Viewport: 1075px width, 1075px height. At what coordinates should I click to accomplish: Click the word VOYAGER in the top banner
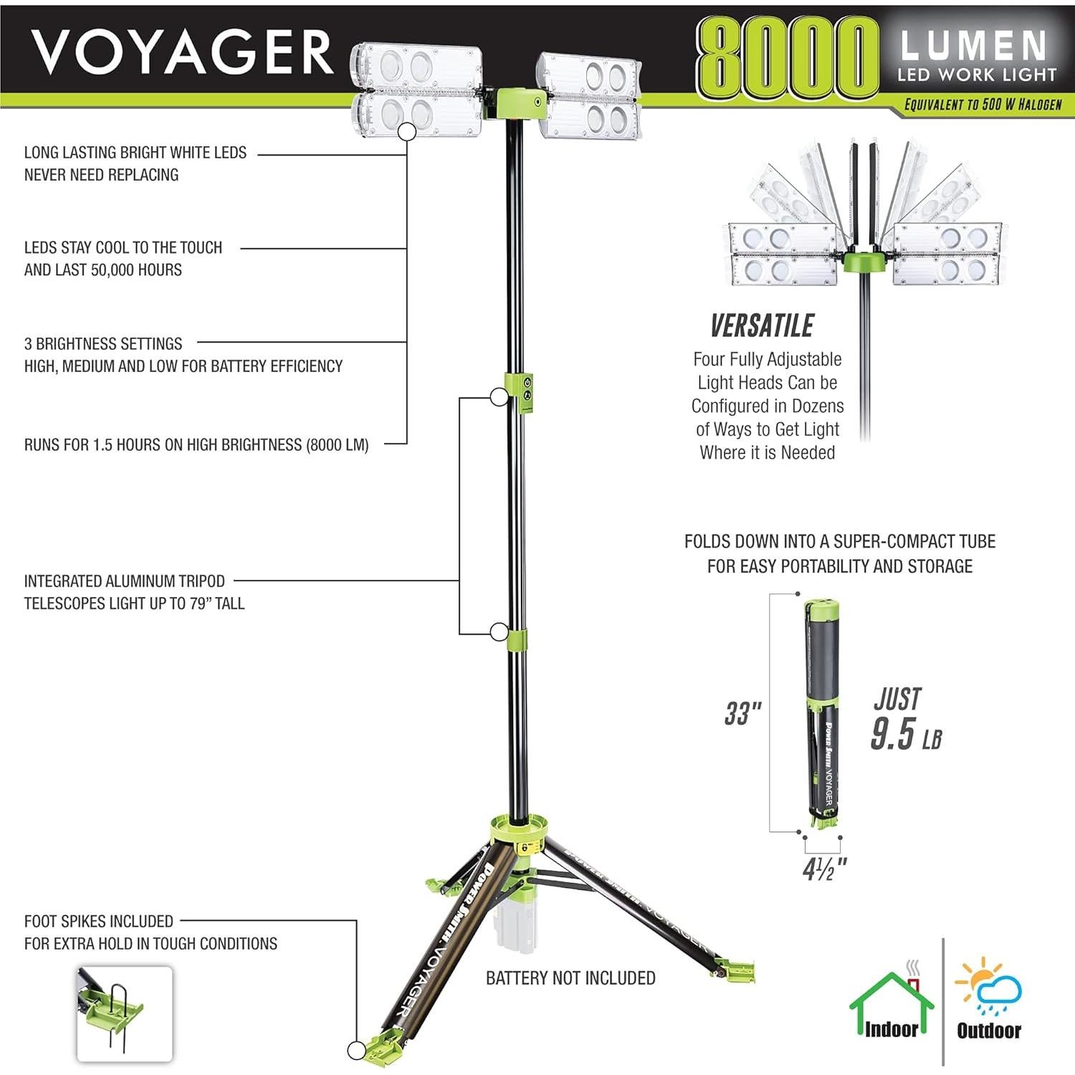(x=182, y=52)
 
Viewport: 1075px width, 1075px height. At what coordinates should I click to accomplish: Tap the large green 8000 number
(x=787, y=59)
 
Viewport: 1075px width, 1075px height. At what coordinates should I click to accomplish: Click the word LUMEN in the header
(x=974, y=46)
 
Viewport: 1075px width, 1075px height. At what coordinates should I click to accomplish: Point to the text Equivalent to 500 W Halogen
(x=983, y=105)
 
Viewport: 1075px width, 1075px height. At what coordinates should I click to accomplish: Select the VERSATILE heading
(x=762, y=326)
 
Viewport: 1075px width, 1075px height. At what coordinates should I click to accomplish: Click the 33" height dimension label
(x=742, y=714)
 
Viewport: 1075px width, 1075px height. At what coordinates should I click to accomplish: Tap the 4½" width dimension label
(x=824, y=869)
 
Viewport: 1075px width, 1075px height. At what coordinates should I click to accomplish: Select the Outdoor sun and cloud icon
(x=989, y=985)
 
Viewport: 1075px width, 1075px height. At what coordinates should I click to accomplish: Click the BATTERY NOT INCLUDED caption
(x=570, y=978)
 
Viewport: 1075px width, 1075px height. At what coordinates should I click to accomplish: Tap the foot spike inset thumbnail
(x=124, y=1013)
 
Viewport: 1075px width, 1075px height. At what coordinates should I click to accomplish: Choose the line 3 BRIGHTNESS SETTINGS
(x=103, y=344)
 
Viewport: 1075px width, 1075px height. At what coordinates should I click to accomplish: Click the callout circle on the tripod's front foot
(x=357, y=1051)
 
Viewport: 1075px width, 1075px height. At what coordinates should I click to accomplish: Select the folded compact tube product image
(x=822, y=713)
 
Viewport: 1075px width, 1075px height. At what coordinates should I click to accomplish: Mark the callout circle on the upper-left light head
(x=407, y=132)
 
